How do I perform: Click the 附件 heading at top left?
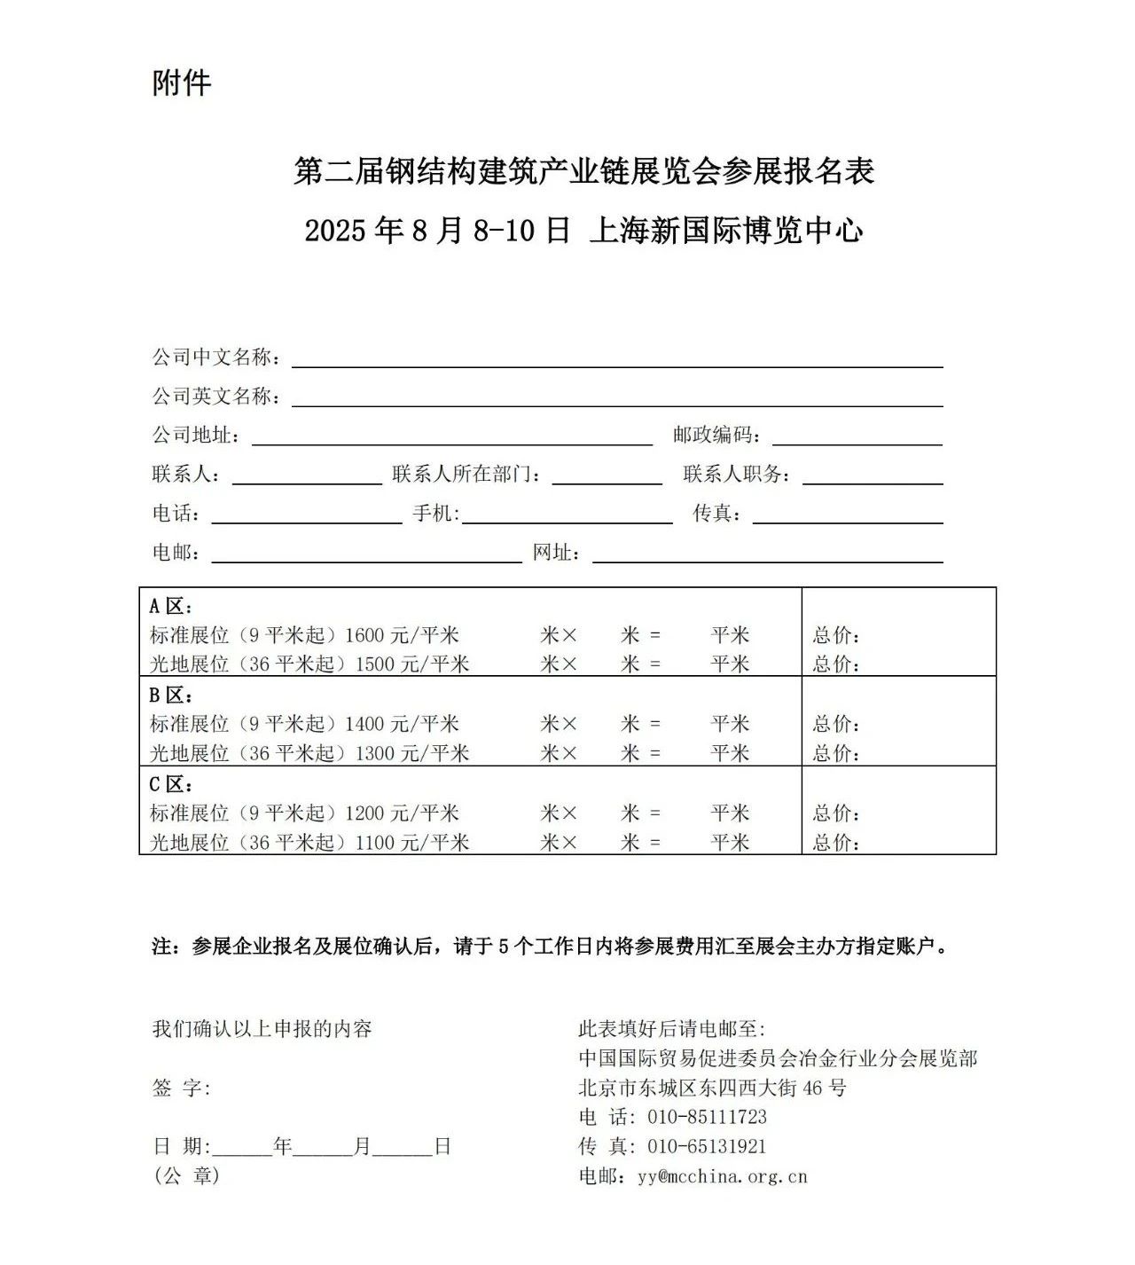tap(182, 83)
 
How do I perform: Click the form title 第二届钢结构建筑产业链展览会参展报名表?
tap(583, 171)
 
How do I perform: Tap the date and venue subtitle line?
tap(583, 231)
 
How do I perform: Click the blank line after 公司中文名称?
tap(617, 359)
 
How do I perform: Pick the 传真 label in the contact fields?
tap(716, 514)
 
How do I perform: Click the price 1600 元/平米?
tap(402, 635)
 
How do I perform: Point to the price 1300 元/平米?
tap(411, 753)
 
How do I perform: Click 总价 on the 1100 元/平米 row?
tap(836, 842)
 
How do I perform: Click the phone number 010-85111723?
tap(708, 1117)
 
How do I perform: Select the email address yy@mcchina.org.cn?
tap(723, 1176)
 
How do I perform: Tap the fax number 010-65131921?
tap(708, 1146)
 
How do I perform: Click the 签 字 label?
tap(182, 1088)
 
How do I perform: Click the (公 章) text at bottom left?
tap(186, 1176)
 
